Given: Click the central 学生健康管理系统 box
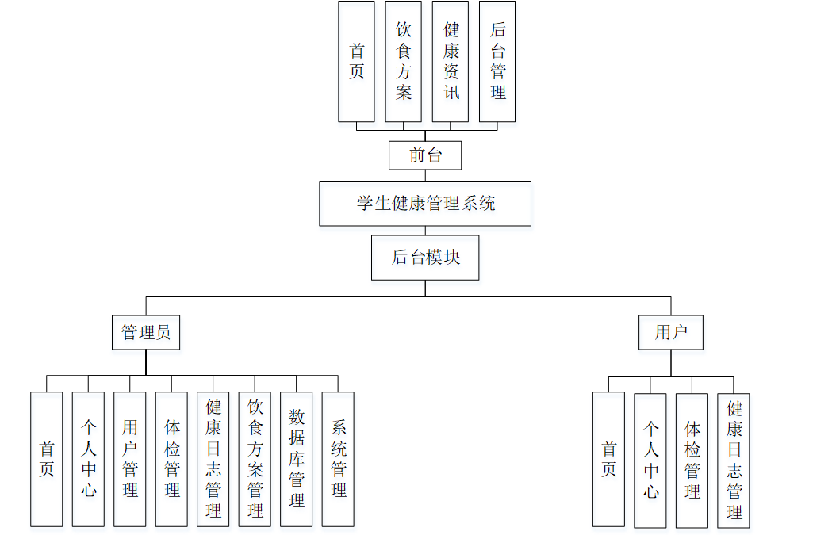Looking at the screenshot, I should pos(425,204).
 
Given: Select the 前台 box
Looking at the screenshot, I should pos(425,155).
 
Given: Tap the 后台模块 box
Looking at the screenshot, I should pos(425,258).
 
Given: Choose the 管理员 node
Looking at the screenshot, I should pos(146,332).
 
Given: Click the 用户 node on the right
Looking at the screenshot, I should pos(670,332).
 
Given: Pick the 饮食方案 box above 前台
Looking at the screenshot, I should pos(404,62).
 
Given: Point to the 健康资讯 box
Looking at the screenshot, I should pos(451,62).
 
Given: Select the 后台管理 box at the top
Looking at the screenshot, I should pos(497,62).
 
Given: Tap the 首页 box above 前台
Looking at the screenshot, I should pos(356,62).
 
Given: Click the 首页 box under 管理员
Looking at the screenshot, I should pos(47,459).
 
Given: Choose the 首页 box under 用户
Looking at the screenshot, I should pos(608,460).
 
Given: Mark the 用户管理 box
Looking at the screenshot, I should pos(130,459).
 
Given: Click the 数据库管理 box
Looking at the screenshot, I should pos(297,459).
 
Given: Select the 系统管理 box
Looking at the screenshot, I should pos(338,459).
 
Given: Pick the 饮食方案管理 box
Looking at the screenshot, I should pos(255,459).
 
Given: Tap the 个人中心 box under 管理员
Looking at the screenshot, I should pos(88,459).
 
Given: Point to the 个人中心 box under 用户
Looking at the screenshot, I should pos(650,460).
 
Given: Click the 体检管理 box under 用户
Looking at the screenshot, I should pos(692,460).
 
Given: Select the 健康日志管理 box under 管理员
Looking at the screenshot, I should pos(213,459).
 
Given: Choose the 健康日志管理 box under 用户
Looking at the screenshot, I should pos(734,460).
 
